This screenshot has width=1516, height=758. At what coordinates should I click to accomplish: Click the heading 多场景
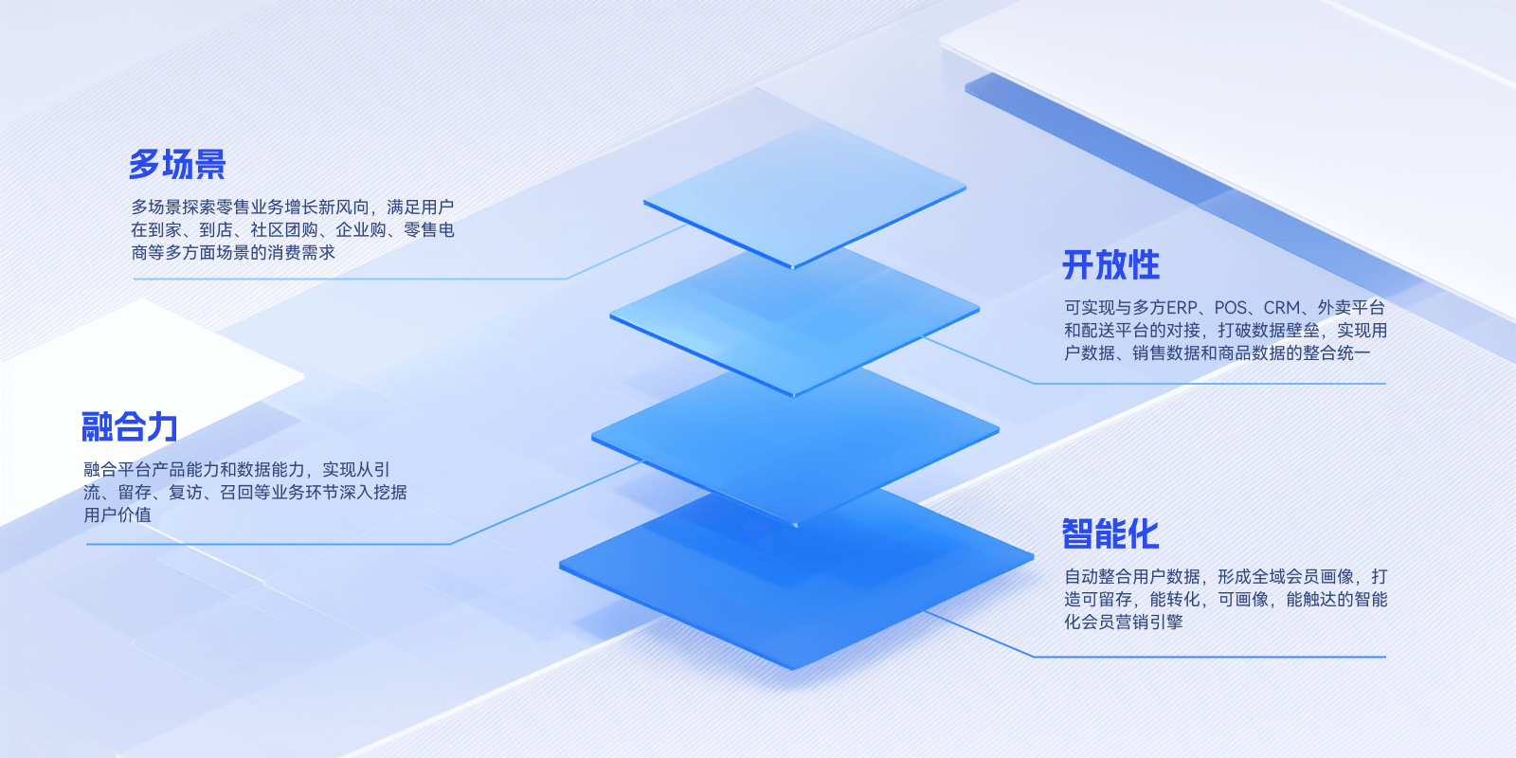(x=177, y=165)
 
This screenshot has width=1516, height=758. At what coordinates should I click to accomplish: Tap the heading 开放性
(x=1110, y=264)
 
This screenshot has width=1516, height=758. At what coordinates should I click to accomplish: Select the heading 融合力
(x=129, y=427)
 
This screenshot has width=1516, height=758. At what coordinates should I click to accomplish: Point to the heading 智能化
(x=1110, y=534)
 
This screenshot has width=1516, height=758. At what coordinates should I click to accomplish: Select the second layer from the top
(x=795, y=318)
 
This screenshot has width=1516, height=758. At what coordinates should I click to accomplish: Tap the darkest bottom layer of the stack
(x=797, y=575)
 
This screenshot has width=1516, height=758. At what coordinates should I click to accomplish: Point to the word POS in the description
(x=1231, y=308)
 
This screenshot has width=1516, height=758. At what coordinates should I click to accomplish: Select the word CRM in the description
(x=1281, y=308)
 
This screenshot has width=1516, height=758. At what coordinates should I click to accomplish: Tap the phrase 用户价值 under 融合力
(x=117, y=515)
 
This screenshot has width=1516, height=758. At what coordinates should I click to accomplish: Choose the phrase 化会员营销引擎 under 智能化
(x=1124, y=622)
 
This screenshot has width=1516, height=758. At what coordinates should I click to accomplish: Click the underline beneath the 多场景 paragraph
(x=350, y=279)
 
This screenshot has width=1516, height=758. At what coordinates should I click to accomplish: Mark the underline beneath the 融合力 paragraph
(x=268, y=544)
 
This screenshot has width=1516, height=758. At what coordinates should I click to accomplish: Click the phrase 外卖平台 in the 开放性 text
(x=1351, y=308)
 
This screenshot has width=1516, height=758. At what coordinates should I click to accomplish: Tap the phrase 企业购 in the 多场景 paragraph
(x=361, y=230)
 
